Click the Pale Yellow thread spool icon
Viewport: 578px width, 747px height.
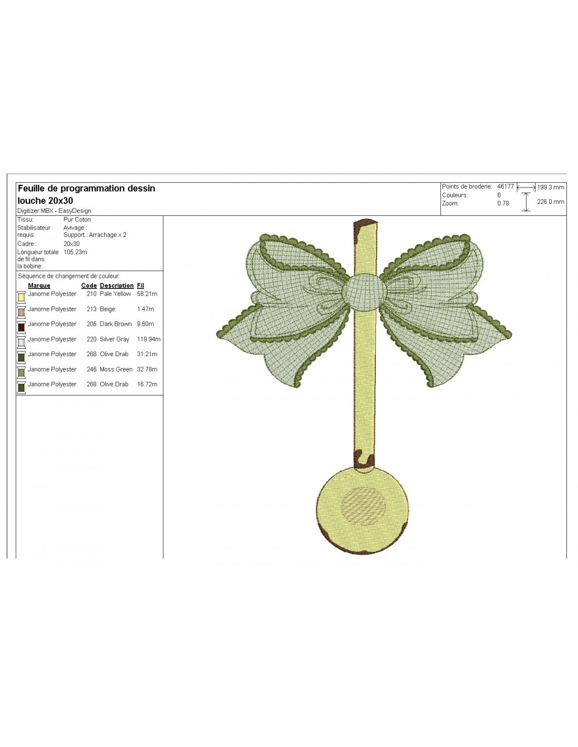point(22,297)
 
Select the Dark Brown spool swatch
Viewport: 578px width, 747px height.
point(22,327)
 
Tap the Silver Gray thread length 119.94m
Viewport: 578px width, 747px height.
point(149,339)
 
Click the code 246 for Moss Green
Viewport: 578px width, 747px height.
point(91,369)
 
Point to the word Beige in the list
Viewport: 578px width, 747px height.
point(107,309)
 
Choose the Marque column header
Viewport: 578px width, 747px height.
point(39,286)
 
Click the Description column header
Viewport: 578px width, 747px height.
point(117,286)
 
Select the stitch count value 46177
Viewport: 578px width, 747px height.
point(505,186)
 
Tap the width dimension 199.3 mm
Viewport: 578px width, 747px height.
point(551,188)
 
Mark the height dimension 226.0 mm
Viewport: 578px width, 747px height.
point(551,202)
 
